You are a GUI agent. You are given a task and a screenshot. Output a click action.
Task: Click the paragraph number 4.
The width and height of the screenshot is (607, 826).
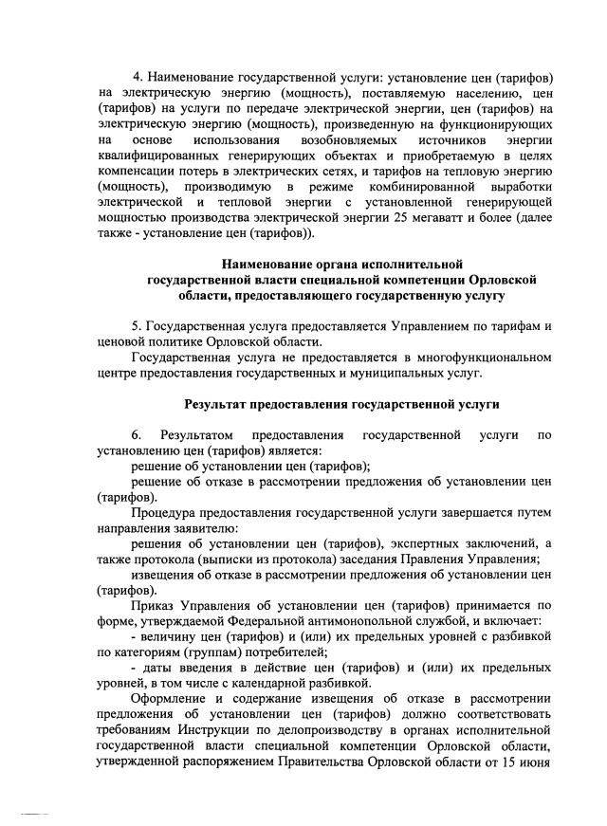138,74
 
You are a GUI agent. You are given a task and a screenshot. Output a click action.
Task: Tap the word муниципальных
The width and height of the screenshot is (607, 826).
375,374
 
